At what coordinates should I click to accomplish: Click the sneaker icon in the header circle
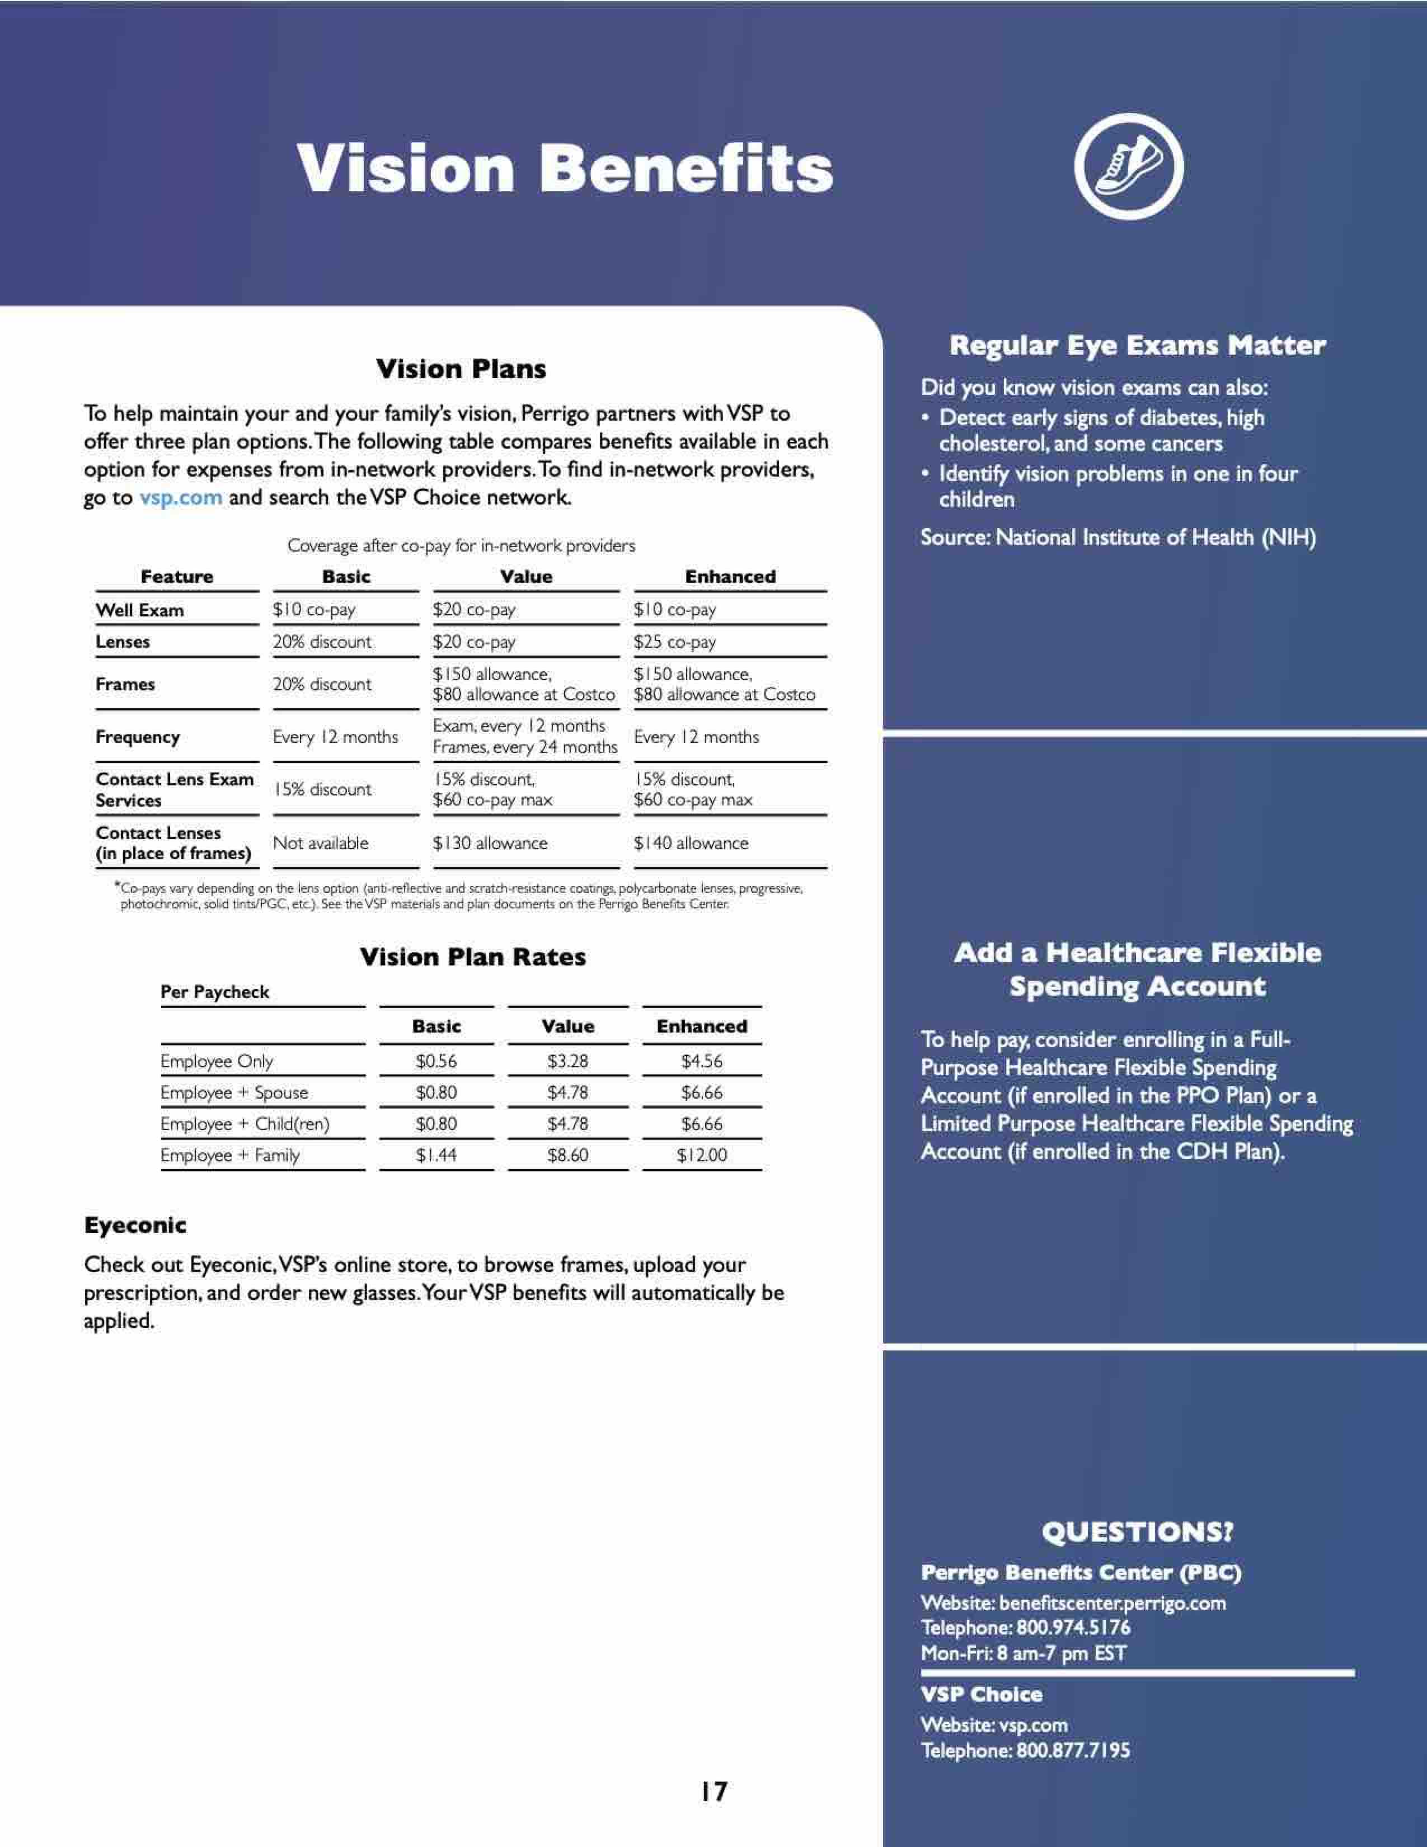(x=1128, y=166)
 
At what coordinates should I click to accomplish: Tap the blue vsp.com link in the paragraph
(x=181, y=497)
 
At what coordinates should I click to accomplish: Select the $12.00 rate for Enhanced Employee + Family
(x=701, y=1155)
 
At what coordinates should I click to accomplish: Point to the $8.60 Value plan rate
(x=567, y=1155)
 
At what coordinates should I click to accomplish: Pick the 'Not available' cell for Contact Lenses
(x=321, y=843)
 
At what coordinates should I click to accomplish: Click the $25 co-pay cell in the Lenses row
(x=675, y=642)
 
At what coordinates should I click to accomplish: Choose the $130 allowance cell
(x=490, y=843)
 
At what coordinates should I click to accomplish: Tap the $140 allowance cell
(x=691, y=843)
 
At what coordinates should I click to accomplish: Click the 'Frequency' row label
(x=138, y=737)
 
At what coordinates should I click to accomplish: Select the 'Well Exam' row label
(x=139, y=610)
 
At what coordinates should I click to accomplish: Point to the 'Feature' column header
(x=177, y=577)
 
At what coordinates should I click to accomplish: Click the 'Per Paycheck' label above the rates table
(x=215, y=992)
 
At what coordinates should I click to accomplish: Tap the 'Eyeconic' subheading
(x=135, y=1226)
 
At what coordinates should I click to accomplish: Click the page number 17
(x=713, y=1791)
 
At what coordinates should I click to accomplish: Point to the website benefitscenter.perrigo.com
(x=1111, y=1603)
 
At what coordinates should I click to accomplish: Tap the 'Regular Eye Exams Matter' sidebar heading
(x=1137, y=345)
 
